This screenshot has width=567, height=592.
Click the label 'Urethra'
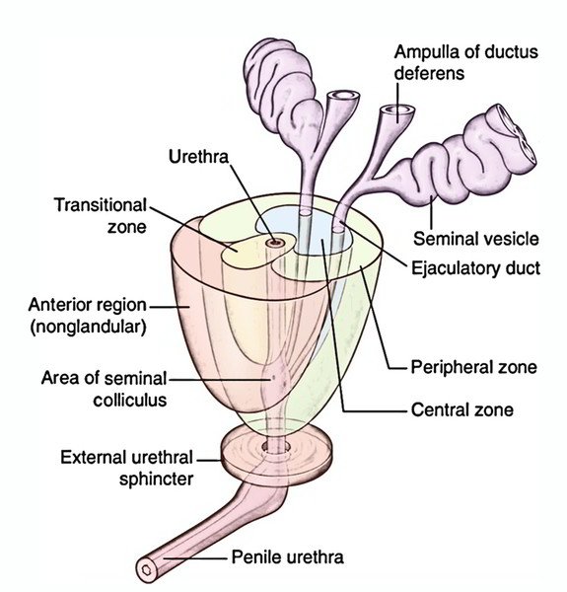coord(198,157)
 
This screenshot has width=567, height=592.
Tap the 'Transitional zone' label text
coord(101,216)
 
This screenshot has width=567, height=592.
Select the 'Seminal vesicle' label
coord(476,239)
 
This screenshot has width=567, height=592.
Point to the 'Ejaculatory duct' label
coord(475,268)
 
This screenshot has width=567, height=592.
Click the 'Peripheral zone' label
coord(473,367)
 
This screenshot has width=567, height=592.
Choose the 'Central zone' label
coord(462,410)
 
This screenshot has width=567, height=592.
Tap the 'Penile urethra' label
coord(288,557)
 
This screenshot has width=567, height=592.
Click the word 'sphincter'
coord(156,480)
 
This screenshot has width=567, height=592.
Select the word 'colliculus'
coord(130,401)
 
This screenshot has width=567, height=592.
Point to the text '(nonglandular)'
coord(88,327)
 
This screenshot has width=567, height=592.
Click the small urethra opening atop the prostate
coord(275,243)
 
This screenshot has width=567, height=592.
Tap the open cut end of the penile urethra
coord(146,568)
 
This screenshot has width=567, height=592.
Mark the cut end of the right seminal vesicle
coord(515,135)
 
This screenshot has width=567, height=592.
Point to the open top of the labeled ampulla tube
coord(397,110)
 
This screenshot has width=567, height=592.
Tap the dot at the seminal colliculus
coord(274,377)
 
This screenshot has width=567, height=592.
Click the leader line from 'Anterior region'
coord(170,307)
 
